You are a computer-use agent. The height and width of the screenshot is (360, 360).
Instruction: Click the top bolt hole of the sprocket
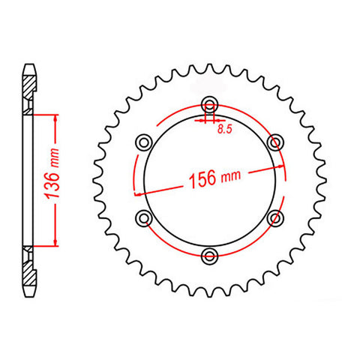click(x=209, y=104)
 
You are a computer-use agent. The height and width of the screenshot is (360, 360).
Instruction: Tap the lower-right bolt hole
click(x=275, y=217)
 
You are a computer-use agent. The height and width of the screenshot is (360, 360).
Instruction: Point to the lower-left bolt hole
click(x=144, y=217)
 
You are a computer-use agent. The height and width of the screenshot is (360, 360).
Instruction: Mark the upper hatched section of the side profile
click(x=28, y=93)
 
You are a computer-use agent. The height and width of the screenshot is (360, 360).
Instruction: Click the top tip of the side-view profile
click(x=28, y=66)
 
